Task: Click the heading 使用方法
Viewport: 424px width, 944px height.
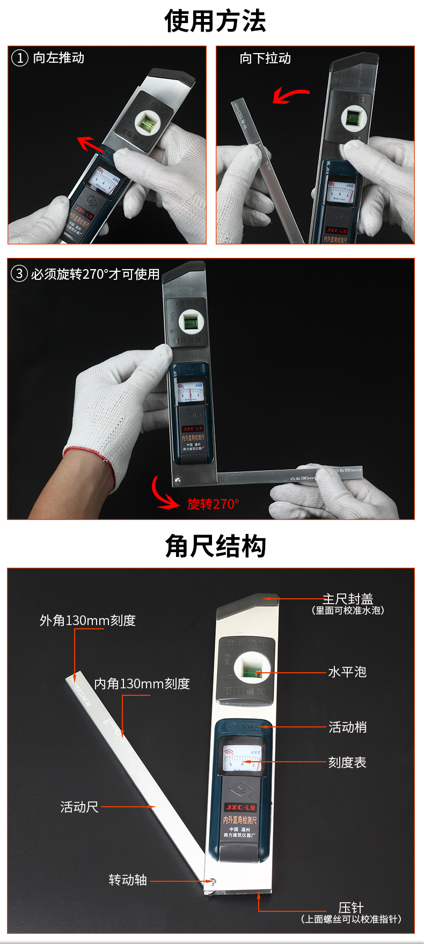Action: (215, 21)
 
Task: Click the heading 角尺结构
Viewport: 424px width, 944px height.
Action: (215, 546)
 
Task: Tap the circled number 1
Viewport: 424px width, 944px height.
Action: (19, 58)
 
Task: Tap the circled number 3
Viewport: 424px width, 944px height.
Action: (19, 274)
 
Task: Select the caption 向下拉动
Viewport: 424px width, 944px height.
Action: (265, 58)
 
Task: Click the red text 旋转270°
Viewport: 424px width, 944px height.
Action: (213, 504)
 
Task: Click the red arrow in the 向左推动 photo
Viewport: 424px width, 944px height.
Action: (90, 144)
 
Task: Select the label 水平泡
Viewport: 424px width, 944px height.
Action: (347, 672)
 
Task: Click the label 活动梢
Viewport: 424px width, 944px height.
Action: (347, 727)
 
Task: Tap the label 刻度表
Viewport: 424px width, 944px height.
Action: (347, 763)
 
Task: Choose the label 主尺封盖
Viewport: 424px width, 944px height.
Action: (348, 599)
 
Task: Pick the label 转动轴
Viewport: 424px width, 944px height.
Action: (128, 880)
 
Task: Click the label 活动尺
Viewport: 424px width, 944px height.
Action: (79, 807)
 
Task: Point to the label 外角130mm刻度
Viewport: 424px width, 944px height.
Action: (87, 621)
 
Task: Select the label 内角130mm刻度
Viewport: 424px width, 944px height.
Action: (142, 684)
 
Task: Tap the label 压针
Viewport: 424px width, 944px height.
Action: (351, 908)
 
